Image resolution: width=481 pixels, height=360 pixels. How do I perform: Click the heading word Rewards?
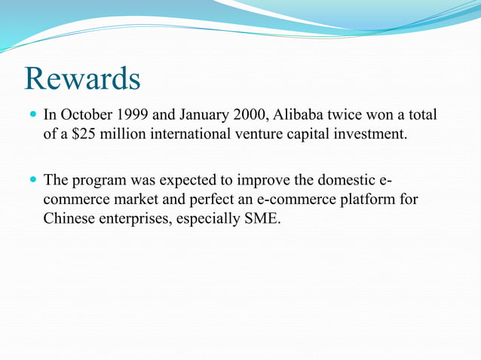[82, 79]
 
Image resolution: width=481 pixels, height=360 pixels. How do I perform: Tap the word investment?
[371, 135]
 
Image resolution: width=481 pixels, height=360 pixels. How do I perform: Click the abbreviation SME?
[262, 221]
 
